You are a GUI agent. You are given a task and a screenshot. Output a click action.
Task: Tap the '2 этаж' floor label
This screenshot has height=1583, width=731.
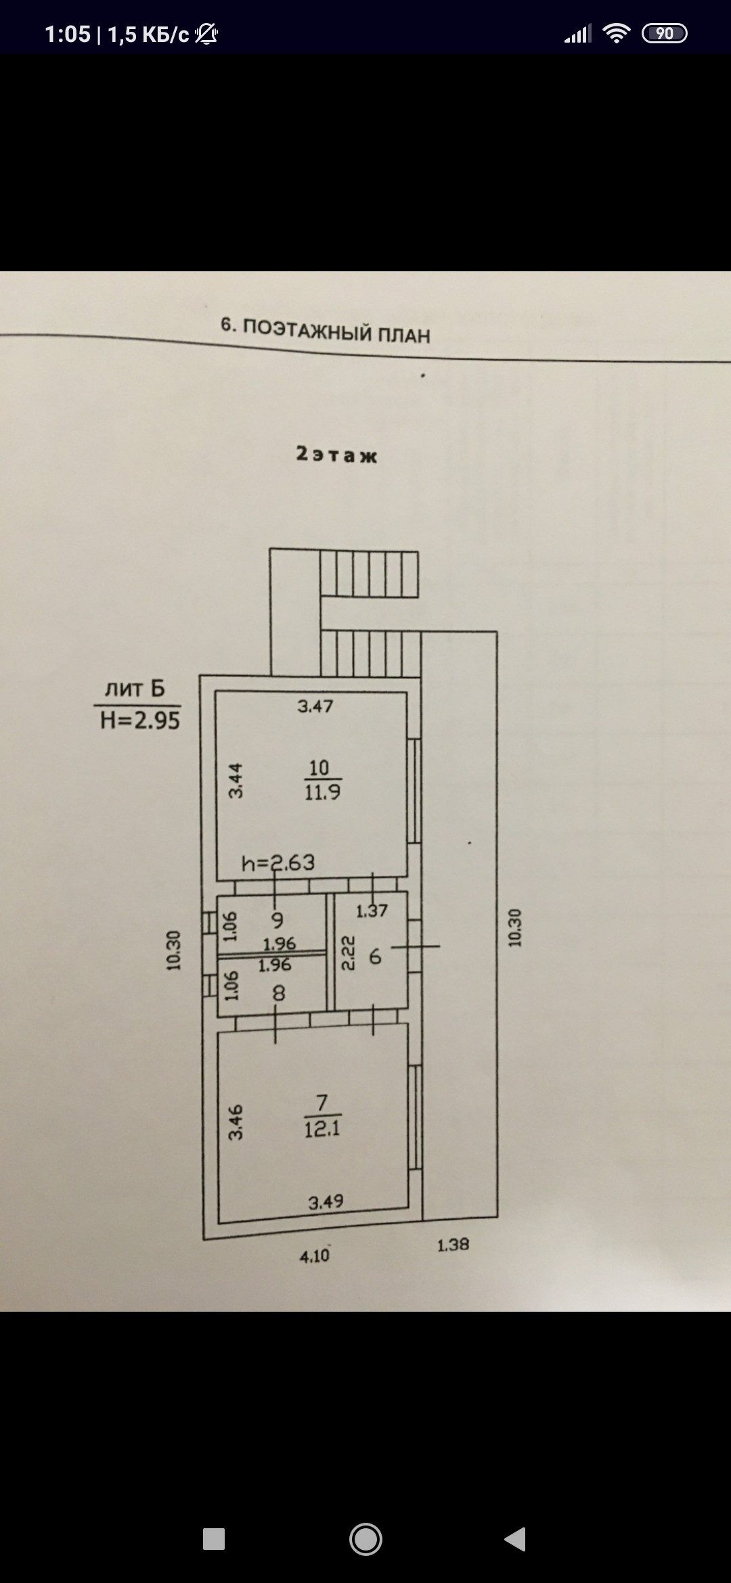(336, 455)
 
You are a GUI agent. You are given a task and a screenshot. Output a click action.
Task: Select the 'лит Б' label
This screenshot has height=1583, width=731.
(135, 689)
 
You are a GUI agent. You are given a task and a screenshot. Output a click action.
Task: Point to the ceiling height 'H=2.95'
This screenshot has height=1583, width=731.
(140, 720)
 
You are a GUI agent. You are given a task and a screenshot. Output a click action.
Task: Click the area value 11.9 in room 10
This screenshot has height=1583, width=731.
(322, 792)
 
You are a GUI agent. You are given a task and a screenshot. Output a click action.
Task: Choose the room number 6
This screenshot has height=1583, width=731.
(375, 957)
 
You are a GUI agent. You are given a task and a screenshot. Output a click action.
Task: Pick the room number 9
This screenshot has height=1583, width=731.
(277, 920)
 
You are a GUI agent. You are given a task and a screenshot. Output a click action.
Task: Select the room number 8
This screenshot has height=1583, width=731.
(278, 993)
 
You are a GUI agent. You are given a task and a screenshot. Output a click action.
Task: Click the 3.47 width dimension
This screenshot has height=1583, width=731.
(315, 707)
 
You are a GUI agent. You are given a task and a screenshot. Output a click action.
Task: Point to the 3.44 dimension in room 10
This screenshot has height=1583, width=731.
(235, 780)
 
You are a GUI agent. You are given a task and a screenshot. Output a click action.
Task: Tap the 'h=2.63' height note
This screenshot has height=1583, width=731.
(278, 863)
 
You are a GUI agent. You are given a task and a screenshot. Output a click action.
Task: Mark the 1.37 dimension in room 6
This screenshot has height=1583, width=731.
(372, 911)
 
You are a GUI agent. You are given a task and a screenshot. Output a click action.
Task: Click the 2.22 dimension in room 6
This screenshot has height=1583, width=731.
(348, 953)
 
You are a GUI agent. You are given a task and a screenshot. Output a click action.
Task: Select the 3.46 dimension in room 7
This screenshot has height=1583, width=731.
(235, 1122)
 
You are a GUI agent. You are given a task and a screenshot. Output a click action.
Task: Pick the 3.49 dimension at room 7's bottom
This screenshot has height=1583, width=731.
(326, 1201)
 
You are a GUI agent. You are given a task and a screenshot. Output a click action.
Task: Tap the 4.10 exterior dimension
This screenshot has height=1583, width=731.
(315, 1256)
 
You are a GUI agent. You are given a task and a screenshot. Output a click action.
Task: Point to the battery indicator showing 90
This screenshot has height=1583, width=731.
(664, 34)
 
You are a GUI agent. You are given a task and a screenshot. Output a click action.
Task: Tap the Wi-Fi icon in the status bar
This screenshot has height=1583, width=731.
(616, 33)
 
